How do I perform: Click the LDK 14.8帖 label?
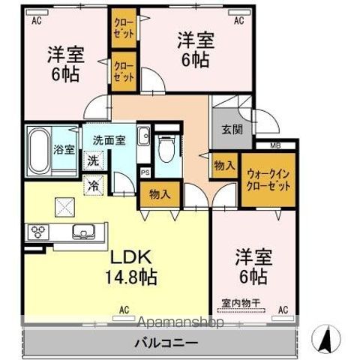pyautogui.click(x=131, y=266)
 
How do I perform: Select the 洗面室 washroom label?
pyautogui.click(x=108, y=139)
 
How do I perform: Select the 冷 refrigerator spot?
pyautogui.click(x=93, y=184)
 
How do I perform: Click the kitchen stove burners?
pyautogui.click(x=37, y=232)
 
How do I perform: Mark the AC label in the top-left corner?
pyautogui.click(x=35, y=21)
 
